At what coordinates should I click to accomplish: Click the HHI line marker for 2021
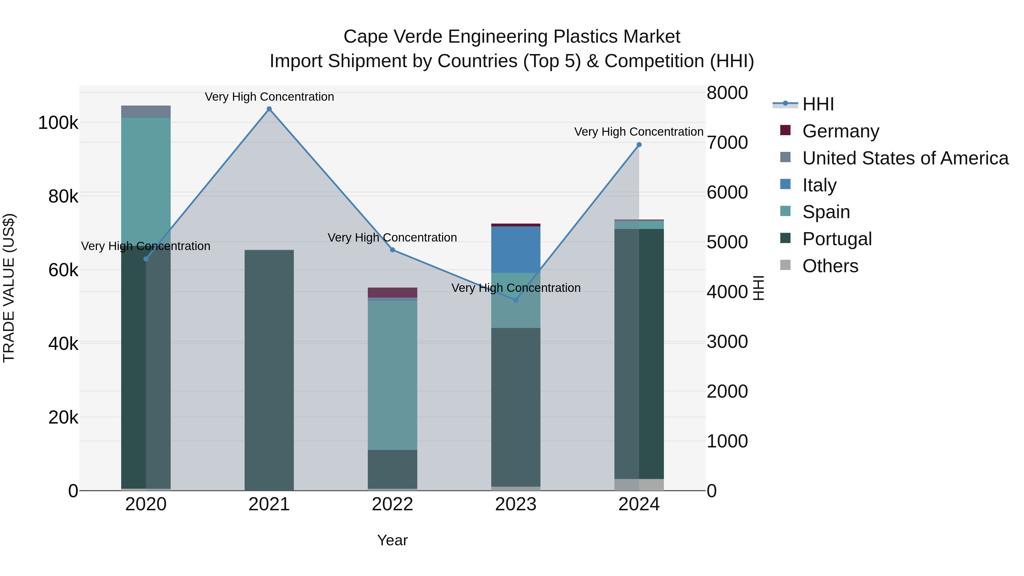269,109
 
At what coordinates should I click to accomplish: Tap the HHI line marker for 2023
516,300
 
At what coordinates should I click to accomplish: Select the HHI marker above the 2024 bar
639,145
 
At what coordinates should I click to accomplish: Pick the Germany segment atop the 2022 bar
392,293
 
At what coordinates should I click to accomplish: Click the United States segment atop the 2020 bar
146,112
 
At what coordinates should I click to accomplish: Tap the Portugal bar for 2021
269,370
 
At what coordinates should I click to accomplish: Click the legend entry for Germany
840,131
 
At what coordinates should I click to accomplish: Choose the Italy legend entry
819,185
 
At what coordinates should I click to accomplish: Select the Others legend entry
830,266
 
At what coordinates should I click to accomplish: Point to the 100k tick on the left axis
58,123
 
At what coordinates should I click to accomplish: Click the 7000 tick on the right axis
727,143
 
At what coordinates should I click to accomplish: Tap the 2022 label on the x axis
392,504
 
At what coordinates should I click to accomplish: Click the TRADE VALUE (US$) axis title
9,288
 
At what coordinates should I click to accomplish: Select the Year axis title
392,540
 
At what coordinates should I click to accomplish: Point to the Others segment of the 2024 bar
639,485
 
